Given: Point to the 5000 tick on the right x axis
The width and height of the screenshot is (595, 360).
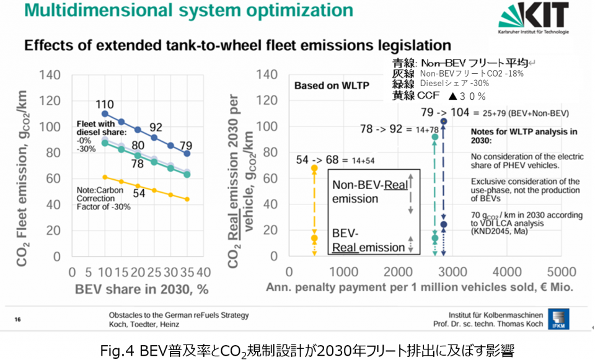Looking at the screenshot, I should (x=562, y=271).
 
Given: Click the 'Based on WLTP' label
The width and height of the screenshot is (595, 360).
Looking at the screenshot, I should (x=324, y=86).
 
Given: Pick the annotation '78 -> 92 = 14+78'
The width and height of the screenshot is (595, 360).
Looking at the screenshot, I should (x=400, y=128).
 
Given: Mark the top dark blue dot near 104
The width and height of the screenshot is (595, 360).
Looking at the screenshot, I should (x=443, y=121).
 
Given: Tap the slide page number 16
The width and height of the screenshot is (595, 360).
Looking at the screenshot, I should (x=17, y=320).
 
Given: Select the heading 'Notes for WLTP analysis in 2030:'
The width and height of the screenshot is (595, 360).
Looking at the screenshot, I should (x=524, y=136).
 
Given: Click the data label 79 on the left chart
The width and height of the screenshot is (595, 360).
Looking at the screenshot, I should (x=185, y=146).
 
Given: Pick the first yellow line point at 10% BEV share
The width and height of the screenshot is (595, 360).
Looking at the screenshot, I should (x=105, y=177).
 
